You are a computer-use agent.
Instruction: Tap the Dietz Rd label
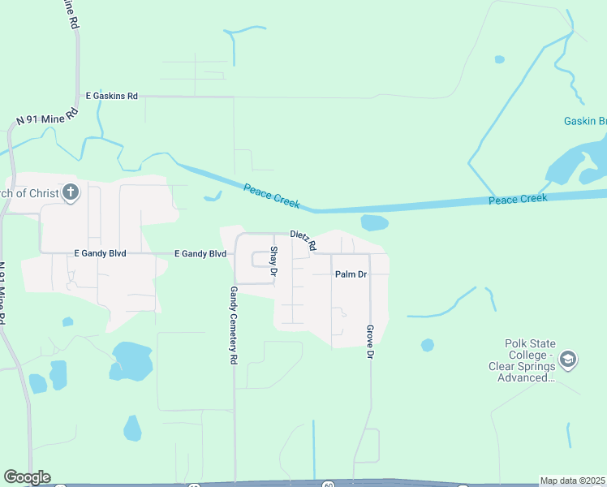click(x=303, y=239)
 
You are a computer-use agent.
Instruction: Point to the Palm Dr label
click(x=351, y=274)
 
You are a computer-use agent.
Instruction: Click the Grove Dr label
click(x=369, y=342)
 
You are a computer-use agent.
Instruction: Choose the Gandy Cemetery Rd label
click(x=233, y=325)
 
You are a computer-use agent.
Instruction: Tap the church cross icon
click(x=71, y=192)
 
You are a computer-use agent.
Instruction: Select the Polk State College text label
click(x=528, y=356)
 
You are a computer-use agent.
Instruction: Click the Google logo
click(x=27, y=477)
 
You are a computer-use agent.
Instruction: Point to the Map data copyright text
click(x=572, y=481)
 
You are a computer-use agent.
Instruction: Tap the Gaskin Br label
click(x=584, y=121)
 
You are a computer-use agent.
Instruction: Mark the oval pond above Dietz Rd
click(x=374, y=222)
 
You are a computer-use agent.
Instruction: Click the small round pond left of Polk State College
click(x=428, y=345)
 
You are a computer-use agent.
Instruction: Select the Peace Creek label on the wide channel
click(x=518, y=199)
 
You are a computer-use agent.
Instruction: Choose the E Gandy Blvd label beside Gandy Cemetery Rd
click(x=200, y=254)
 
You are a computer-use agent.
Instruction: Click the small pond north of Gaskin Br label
click(x=500, y=58)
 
